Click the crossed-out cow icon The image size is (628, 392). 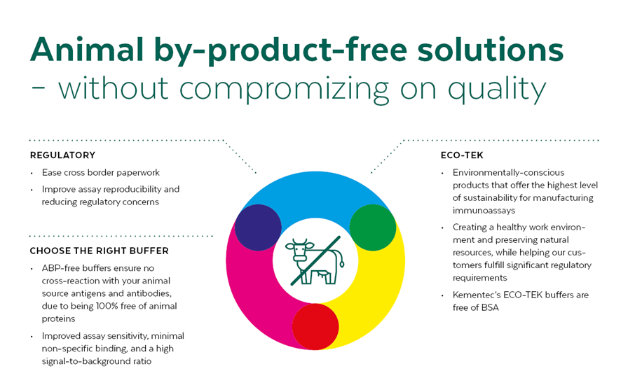315,258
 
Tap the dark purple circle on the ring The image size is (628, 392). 258,228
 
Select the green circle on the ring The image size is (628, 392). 373,228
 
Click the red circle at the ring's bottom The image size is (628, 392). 315,327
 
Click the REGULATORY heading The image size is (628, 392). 62,155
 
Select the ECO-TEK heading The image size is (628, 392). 461,155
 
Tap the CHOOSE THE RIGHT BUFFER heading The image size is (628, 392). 99,251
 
